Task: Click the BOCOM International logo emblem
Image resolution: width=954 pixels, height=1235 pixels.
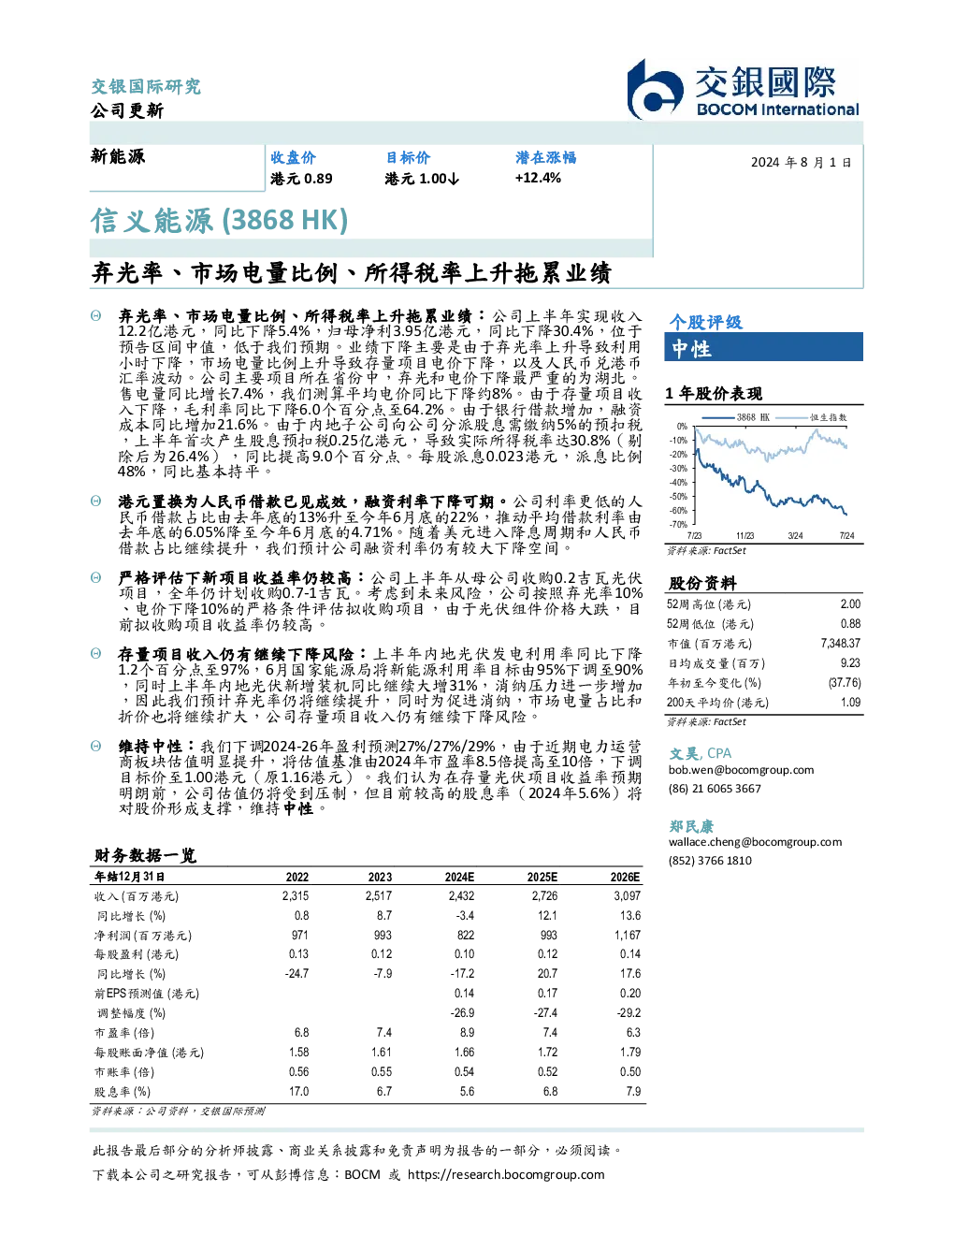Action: (x=655, y=89)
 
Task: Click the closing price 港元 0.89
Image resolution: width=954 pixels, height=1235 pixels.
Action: (x=301, y=179)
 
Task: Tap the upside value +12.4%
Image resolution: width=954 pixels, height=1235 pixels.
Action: (x=538, y=178)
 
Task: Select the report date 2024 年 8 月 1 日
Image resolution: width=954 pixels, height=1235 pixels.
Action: (x=801, y=163)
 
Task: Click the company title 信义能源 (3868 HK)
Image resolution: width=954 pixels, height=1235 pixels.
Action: (x=219, y=221)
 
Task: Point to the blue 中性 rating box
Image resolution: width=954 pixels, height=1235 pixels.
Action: (x=763, y=347)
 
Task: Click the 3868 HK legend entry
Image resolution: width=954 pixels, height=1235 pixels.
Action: (x=736, y=417)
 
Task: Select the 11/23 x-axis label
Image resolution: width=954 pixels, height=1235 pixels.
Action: (x=744, y=535)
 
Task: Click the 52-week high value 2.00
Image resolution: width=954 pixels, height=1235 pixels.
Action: (x=850, y=604)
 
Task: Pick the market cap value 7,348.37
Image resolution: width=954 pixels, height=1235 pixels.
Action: (x=841, y=644)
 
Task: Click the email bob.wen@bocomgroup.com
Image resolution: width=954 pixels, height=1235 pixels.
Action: (x=741, y=770)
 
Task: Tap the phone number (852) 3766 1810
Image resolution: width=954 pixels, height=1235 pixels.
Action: (x=710, y=861)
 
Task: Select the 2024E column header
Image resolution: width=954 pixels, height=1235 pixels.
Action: (x=459, y=877)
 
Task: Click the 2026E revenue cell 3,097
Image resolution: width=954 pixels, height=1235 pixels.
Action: (x=627, y=896)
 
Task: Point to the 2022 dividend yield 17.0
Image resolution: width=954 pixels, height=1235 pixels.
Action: (x=299, y=1092)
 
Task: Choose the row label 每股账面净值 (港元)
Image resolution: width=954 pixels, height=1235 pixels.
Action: (x=149, y=1053)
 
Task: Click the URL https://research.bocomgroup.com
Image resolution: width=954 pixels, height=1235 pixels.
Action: (x=506, y=1175)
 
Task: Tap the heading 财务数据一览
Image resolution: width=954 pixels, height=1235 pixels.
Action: (x=145, y=855)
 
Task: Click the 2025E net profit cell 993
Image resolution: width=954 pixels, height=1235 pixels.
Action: (x=548, y=936)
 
